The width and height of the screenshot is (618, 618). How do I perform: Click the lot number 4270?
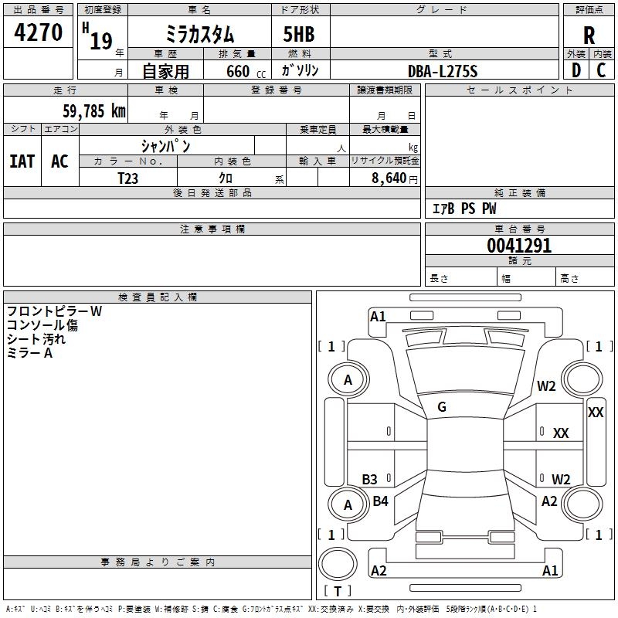coord(38,32)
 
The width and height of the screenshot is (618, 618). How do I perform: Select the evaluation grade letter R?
coord(589,36)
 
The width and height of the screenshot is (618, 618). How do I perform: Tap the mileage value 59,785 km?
coord(94,110)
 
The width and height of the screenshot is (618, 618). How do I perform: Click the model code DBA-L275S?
coord(443,71)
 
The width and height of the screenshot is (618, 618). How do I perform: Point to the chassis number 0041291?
coord(519,246)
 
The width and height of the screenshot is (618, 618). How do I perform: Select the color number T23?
coord(127,178)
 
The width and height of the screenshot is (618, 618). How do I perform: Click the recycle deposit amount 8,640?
coord(389,178)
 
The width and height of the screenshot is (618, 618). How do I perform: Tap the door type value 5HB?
coord(299,34)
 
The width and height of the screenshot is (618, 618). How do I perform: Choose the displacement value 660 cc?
coord(246,71)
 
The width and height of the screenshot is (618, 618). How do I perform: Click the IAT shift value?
coord(22,161)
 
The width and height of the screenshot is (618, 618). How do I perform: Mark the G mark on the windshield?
coord(442,407)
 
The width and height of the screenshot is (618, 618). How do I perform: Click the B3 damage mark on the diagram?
coord(369,479)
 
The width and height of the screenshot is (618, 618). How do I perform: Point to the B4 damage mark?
coord(380,501)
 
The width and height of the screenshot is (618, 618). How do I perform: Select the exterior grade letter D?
coord(576,70)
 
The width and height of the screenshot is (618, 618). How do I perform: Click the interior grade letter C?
coord(601,70)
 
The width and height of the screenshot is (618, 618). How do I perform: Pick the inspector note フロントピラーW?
coord(54,311)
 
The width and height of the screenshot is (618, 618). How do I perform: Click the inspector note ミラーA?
coord(29,353)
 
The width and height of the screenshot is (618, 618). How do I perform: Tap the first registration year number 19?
coord(101,41)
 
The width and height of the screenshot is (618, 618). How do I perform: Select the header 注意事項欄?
coord(212,229)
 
